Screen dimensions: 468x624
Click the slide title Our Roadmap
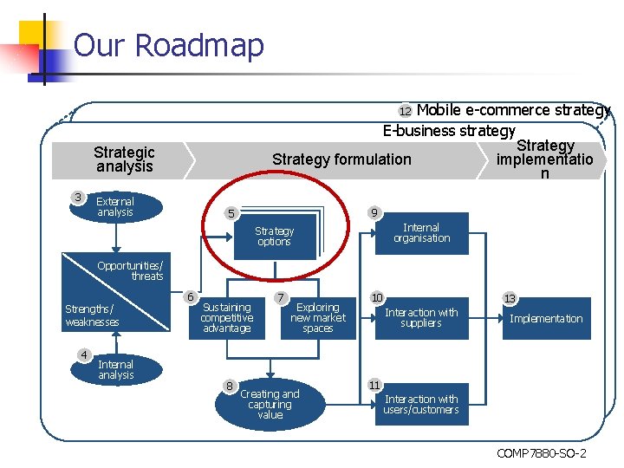pyautogui.click(x=168, y=44)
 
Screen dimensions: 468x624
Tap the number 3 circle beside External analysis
pyautogui.click(x=78, y=198)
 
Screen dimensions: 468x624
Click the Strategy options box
pyautogui.click(x=274, y=236)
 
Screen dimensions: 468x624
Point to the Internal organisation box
pyautogui.click(x=422, y=233)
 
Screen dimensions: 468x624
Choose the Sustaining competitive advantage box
pyautogui.click(x=226, y=317)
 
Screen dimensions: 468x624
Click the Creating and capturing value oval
pyautogui.click(x=270, y=404)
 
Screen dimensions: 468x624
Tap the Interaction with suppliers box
pyautogui.click(x=421, y=317)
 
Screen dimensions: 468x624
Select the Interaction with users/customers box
pyautogui.click(x=421, y=404)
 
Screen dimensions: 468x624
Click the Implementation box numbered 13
pyautogui.click(x=546, y=318)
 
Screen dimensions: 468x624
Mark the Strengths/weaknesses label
pyautogui.click(x=92, y=315)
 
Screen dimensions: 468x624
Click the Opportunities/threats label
pyautogui.click(x=130, y=270)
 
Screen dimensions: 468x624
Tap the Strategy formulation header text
pyautogui.click(x=341, y=159)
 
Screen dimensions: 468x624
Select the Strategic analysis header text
pyautogui.click(x=124, y=159)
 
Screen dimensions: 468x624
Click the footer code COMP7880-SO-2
pyautogui.click(x=541, y=454)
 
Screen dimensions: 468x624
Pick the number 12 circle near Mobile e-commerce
pyautogui.click(x=406, y=111)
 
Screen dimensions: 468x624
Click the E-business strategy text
pyautogui.click(x=449, y=131)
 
